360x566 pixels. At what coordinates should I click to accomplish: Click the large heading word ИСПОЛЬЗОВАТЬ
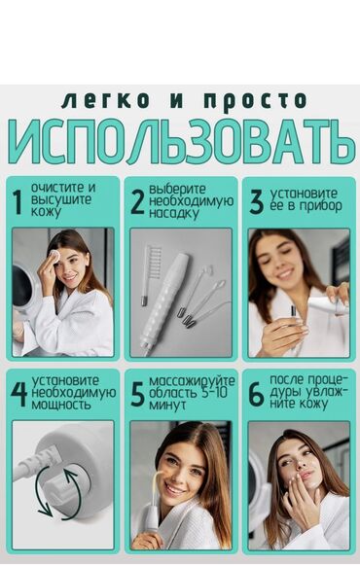point(182,142)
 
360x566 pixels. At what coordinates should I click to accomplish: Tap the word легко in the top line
point(105,100)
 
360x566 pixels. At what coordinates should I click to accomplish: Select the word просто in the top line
point(255,100)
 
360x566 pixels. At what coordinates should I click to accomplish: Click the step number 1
point(17,202)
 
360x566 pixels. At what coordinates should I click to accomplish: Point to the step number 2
point(137,202)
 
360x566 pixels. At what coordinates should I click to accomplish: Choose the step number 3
point(256,202)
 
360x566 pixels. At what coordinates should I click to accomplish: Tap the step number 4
point(18,395)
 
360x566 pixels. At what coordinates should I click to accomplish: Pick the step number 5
point(137,395)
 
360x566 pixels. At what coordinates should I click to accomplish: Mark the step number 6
point(256,395)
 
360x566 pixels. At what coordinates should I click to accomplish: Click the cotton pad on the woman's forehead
point(54,254)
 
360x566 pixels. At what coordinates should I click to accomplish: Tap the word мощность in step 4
point(61,405)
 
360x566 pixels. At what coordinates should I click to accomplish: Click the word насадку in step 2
point(174,213)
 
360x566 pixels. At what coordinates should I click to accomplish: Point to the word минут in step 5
point(167,405)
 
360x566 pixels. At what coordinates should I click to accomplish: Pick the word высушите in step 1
point(61,200)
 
